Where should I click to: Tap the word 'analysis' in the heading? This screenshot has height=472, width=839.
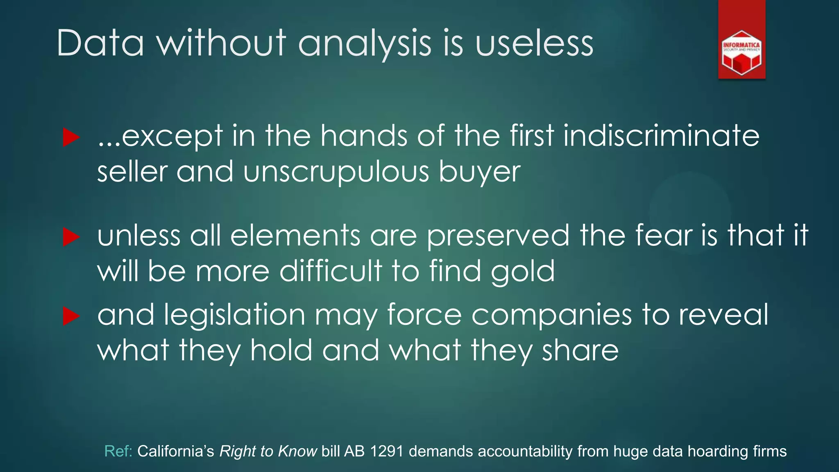tap(365, 44)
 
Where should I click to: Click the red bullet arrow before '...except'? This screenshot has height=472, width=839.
tap(71, 137)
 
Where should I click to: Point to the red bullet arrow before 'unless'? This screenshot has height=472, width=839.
tap(71, 237)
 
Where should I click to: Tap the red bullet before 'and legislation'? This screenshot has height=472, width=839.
tap(71, 316)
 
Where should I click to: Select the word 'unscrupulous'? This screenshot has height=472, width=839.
tap(336, 172)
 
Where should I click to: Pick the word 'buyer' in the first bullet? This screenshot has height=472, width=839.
tap(480, 172)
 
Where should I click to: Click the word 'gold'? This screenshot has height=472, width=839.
tap(523, 272)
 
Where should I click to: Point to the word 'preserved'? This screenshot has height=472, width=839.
tap(498, 236)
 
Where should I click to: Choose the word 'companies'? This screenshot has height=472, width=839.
tap(551, 315)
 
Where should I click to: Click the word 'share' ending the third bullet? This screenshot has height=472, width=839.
tap(580, 351)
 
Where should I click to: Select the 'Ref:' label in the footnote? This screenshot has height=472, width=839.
tap(118, 451)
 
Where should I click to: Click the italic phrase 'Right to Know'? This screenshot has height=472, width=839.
tap(268, 451)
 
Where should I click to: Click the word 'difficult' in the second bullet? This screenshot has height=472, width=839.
tap(331, 271)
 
